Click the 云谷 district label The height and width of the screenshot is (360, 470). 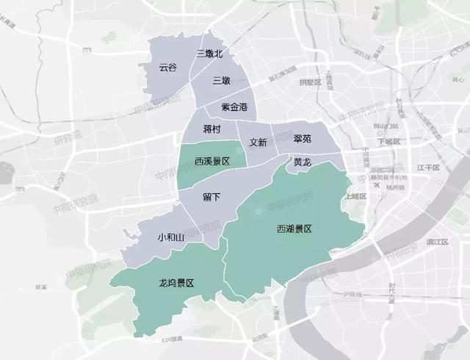pyautogui.click(x=168, y=67)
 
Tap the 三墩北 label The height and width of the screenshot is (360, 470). pyautogui.click(x=210, y=54)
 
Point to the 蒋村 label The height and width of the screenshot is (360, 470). pyautogui.click(x=201, y=129)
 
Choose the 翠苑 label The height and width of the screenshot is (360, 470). pyautogui.click(x=302, y=139)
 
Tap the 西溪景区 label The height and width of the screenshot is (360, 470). pyautogui.click(x=212, y=161)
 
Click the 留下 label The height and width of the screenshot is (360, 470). pyautogui.click(x=211, y=195)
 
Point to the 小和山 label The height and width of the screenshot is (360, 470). pyautogui.click(x=170, y=237)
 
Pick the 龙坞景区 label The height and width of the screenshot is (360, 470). pyautogui.click(x=176, y=283)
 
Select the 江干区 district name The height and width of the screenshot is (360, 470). pyautogui.click(x=427, y=168)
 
